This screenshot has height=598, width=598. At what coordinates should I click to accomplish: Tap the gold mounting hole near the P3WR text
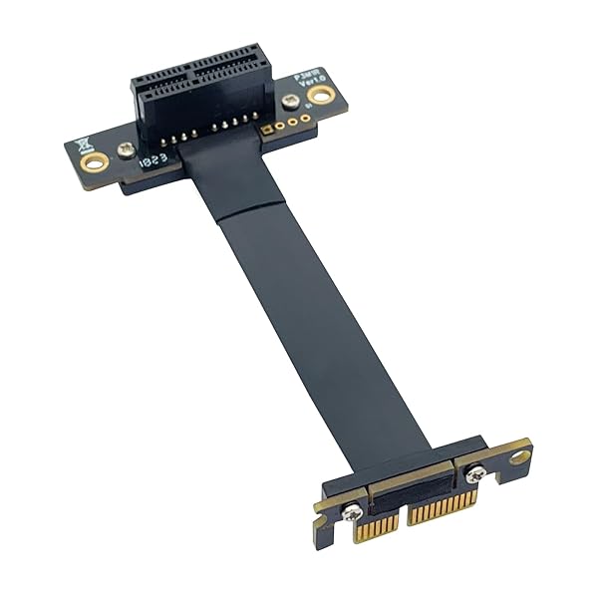320,96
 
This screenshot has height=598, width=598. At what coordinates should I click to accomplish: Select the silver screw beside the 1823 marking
126,149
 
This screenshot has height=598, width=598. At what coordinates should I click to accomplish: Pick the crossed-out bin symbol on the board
83,141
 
